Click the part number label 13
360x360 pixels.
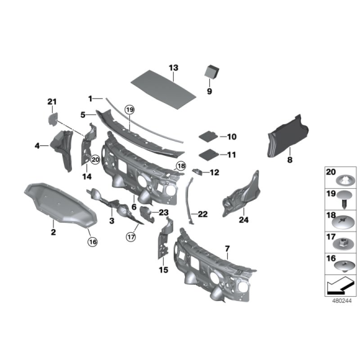coord(173,67)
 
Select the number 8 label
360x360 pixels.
coord(289,160)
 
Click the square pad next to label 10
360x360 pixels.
coord(208,135)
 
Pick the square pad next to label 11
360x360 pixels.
coord(208,153)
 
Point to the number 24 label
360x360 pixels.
coord(243,218)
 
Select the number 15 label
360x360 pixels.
coord(164,269)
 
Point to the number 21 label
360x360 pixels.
coord(52,101)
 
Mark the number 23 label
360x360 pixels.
coord(164,212)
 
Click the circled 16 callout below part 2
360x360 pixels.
coord(92,241)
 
